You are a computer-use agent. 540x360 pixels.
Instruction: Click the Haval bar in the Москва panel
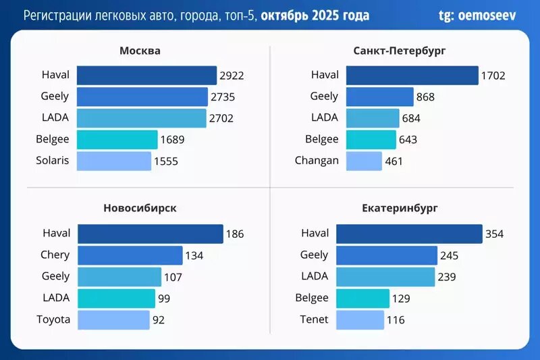pos(146,75)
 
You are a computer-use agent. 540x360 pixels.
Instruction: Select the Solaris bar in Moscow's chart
pos(113,161)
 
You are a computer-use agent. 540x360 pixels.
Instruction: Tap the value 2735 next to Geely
pos(223,97)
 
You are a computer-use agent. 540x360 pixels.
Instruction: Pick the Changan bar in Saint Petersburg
pos(364,161)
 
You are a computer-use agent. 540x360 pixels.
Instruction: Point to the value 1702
pos(493,76)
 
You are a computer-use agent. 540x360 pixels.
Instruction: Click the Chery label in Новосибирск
pos(55,255)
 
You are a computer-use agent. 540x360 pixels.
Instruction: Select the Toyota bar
pos(113,319)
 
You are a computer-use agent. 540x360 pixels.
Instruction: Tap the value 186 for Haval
pos(235,234)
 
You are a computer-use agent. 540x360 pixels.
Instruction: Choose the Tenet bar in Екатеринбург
pos(360,319)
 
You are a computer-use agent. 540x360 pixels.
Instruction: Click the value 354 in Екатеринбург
pos(495,234)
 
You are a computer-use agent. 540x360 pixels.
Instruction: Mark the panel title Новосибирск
pos(140,208)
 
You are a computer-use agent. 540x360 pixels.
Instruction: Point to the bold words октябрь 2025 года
pos(315,15)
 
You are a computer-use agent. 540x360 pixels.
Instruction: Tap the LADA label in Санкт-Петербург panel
pos(324,118)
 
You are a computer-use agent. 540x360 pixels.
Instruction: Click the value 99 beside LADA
pos(164,299)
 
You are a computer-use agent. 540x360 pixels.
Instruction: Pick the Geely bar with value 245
pos(387,255)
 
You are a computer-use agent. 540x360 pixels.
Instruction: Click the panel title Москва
pos(140,51)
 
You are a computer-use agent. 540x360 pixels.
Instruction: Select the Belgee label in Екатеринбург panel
pos(312,298)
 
